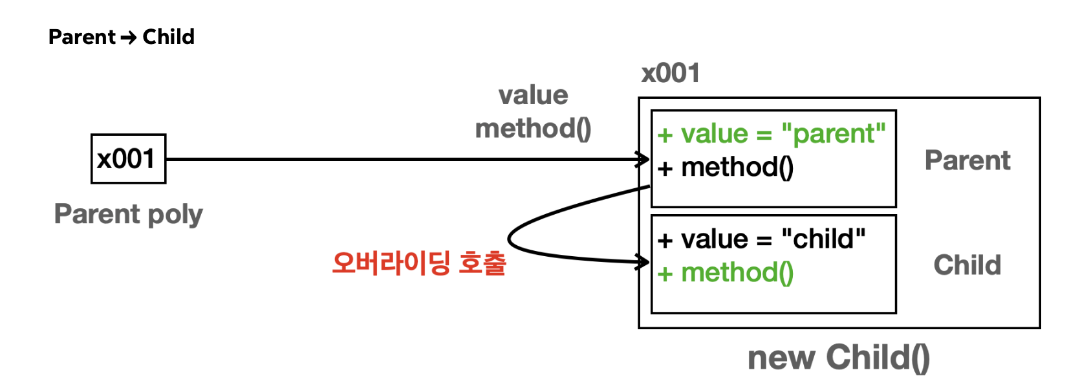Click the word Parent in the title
[82, 37]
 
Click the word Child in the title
[168, 37]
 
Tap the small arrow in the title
[129, 38]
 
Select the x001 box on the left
[128, 159]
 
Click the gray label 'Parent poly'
[128, 214]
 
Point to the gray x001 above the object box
[671, 73]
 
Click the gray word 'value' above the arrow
[533, 96]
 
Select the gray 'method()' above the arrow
[533, 129]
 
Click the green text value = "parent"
[783, 134]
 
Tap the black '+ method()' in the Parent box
[726, 168]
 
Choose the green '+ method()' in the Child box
[726, 273]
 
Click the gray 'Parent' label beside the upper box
[967, 160]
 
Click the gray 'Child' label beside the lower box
[967, 265]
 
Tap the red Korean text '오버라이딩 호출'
[418, 263]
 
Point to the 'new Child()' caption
[838, 358]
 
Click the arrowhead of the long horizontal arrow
[644, 159]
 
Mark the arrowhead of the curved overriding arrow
[644, 262]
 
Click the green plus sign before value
[665, 135]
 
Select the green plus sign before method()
[665, 274]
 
